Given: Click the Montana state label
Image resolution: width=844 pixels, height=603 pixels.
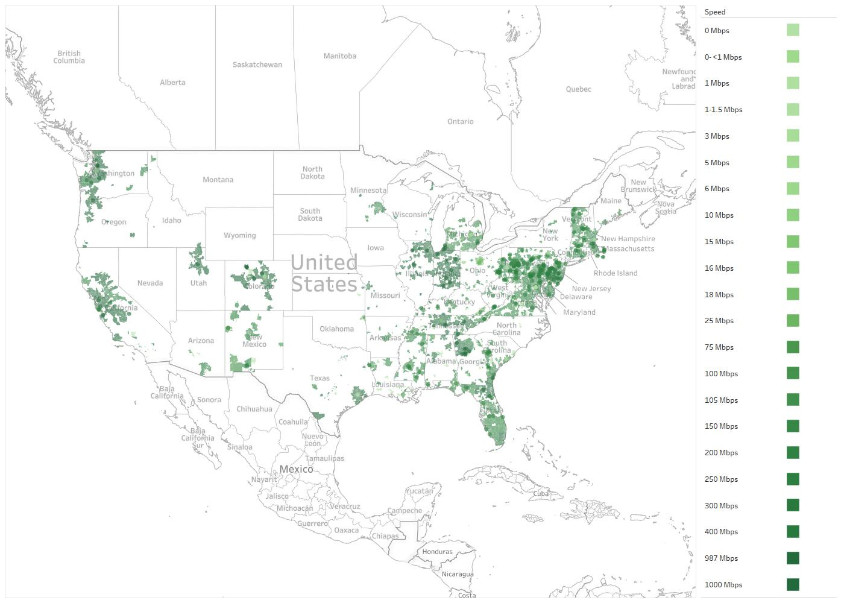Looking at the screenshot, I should click(x=218, y=180).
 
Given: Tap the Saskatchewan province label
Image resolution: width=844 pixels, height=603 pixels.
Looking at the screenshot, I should click(x=257, y=65).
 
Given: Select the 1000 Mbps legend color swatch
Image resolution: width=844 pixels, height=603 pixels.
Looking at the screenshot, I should click(x=793, y=584).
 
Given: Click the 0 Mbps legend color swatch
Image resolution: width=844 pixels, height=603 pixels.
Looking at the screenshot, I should click(x=793, y=30).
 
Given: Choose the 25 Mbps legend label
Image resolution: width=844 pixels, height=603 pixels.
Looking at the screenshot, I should click(x=719, y=321).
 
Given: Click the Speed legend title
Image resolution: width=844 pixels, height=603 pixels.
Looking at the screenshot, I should click(x=715, y=12).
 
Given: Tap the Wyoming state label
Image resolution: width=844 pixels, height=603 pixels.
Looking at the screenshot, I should click(x=239, y=235).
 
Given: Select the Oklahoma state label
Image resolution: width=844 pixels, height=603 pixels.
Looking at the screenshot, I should click(x=336, y=329).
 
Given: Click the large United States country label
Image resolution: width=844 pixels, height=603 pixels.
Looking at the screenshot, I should click(x=324, y=273).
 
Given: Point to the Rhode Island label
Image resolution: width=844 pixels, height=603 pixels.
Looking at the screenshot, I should click(x=615, y=273).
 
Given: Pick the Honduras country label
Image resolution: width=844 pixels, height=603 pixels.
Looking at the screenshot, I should click(x=437, y=552).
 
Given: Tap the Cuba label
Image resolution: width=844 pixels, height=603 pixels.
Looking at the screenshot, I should click(x=541, y=493).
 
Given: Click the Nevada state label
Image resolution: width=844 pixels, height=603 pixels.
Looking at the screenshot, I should click(x=150, y=283).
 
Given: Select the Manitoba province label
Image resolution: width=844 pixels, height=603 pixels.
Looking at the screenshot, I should click(x=339, y=56).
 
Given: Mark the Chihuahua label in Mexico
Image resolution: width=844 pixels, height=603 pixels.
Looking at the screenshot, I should click(x=254, y=409).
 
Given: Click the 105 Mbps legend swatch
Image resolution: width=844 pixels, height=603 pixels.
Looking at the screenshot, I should click(x=793, y=400).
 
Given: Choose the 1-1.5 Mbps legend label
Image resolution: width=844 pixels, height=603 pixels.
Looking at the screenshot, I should click(x=723, y=110).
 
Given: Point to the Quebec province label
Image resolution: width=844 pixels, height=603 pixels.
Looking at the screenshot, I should click(x=578, y=89).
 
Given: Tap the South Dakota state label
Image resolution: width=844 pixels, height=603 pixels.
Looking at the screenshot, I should click(x=310, y=215).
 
